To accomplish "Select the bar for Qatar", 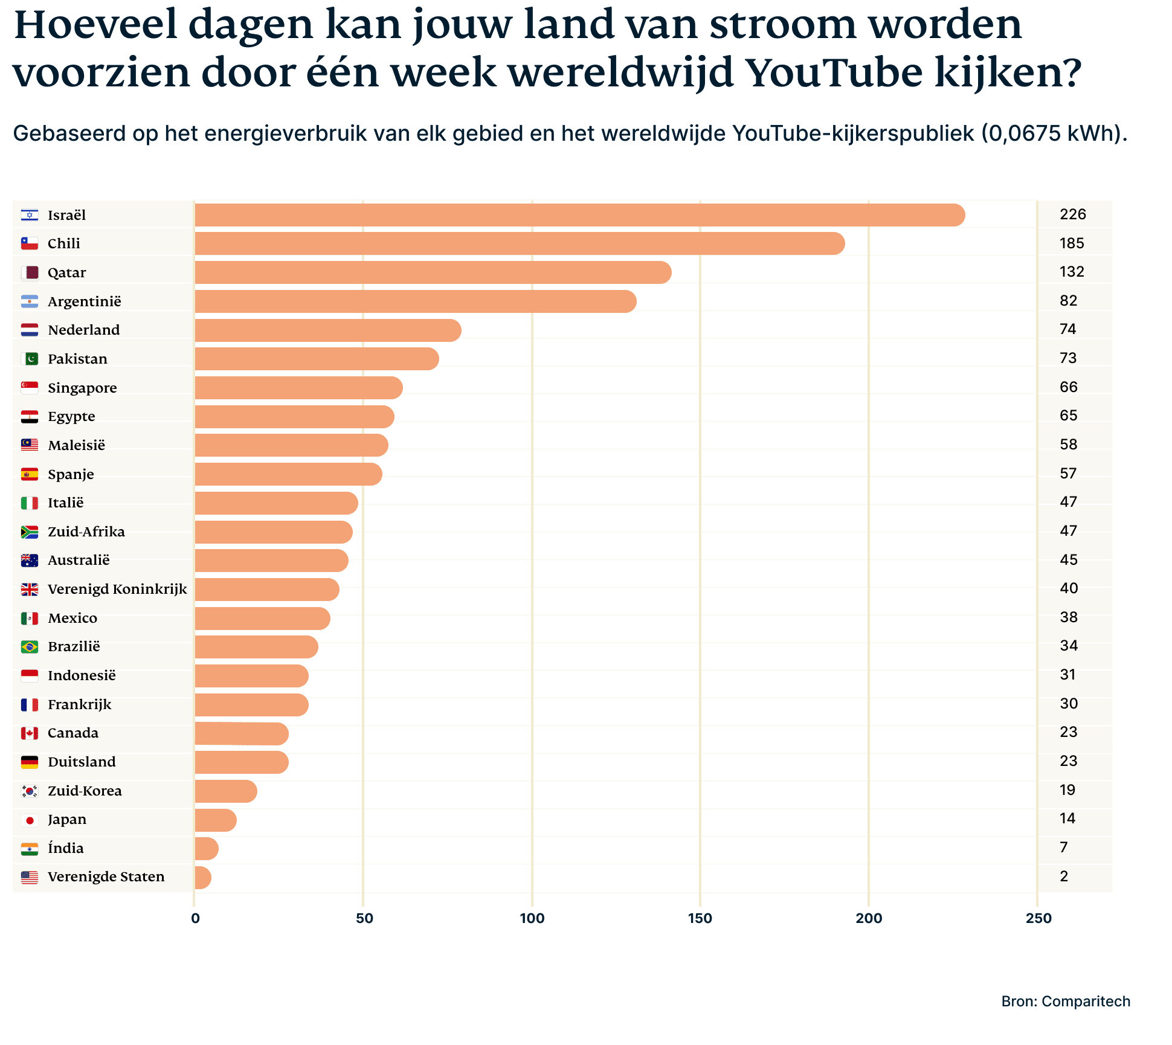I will [x=433, y=272].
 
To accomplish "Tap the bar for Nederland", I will [x=327, y=330].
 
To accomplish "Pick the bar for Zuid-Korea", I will [x=225, y=791].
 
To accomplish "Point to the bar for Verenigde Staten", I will [x=202, y=878].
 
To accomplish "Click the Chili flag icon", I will [x=30, y=243].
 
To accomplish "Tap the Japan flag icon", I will [x=30, y=820].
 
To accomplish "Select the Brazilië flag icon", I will [x=30, y=647].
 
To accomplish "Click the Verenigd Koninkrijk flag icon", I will [x=30, y=589].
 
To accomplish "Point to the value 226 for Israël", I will [x=1072, y=214].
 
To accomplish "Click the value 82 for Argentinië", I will [x=1068, y=301].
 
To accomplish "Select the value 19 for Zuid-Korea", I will [x=1067, y=790].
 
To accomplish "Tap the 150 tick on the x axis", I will [x=700, y=918].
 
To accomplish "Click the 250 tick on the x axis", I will [x=1038, y=918].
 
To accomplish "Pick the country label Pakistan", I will [x=77, y=359].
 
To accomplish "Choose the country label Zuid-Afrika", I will [x=86, y=532].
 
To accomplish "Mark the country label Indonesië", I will [x=82, y=675].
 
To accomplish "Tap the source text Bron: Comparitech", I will [x=1066, y=1002].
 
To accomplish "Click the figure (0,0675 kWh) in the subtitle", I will [x=1054, y=133].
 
